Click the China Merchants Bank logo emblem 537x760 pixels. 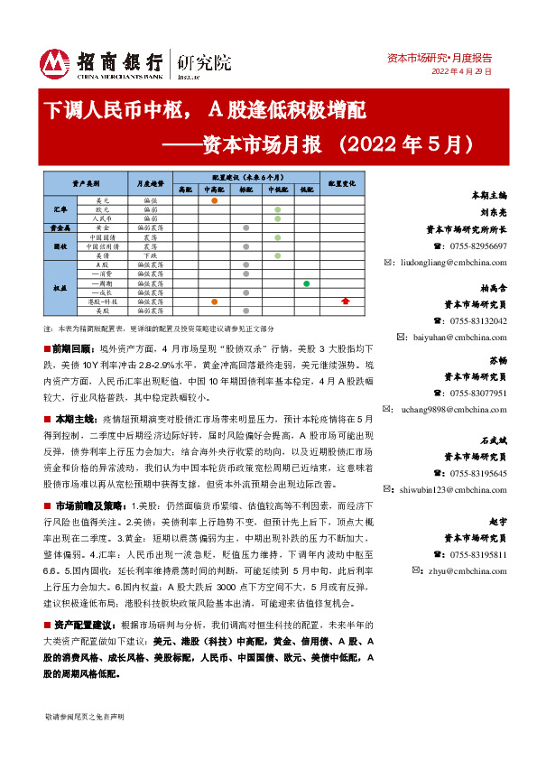(56, 62)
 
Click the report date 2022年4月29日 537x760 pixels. (461, 71)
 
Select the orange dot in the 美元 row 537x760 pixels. (214, 200)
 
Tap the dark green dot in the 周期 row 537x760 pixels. (307, 284)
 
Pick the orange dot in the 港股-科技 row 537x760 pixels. (214, 301)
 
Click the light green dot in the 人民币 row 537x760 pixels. (277, 218)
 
